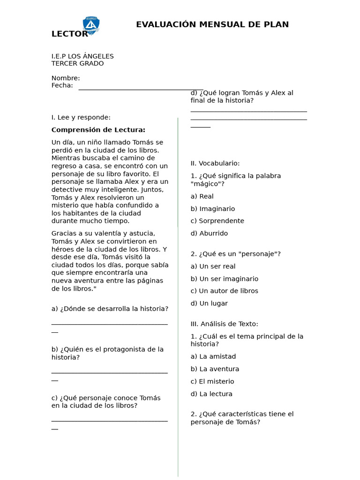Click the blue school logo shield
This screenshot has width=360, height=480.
tap(91, 25)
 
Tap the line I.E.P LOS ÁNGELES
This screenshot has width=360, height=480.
tap(82, 56)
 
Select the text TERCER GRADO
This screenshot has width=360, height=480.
tap(77, 64)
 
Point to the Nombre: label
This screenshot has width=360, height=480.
tap(66, 78)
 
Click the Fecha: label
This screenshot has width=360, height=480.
tap(62, 85)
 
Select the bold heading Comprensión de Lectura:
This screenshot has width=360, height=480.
tap(98, 130)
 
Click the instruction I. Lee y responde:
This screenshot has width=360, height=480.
tap(81, 117)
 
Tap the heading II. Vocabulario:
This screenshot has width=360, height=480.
tap(215, 163)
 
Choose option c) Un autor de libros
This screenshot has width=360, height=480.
tap(224, 291)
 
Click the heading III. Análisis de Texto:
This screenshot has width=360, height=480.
tap(224, 324)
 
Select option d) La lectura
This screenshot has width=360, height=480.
tap(211, 394)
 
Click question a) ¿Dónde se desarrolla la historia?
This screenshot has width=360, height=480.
tap(110, 309)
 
